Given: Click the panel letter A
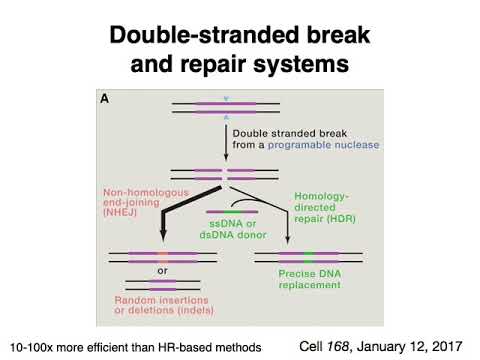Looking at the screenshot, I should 104,100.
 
